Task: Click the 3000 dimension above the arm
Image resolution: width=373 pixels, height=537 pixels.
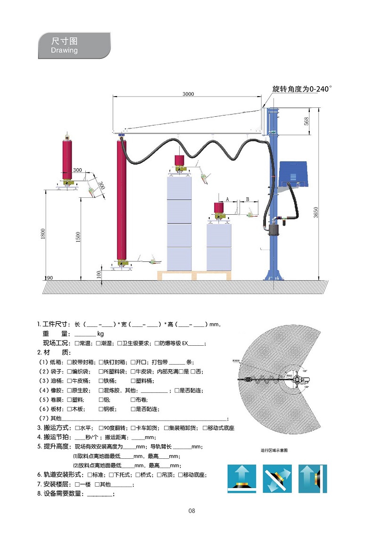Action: coord(188,94)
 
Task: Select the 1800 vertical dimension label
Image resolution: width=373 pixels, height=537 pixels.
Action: coord(43,234)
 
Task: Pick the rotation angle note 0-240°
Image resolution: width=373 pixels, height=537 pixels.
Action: coord(302,89)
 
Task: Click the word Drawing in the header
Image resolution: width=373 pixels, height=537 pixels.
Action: coord(64,50)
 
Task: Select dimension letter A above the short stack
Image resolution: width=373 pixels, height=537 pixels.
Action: coord(228,200)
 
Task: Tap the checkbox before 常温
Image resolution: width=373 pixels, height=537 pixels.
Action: coord(77,343)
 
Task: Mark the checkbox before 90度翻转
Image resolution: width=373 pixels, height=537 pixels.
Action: coord(101,428)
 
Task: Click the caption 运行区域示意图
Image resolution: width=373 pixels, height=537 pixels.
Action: coord(274,450)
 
